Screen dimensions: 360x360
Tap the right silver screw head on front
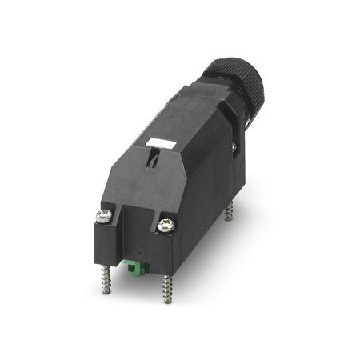coord(166,226)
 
